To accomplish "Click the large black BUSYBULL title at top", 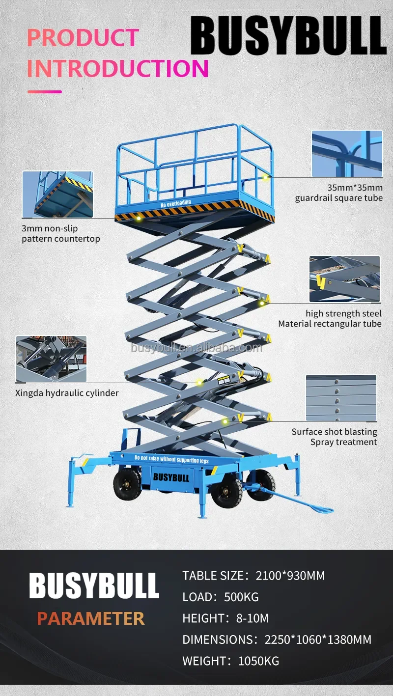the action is (x=288, y=36).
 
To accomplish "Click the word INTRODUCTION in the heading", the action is (x=118, y=68).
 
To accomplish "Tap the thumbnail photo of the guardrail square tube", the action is (x=347, y=153).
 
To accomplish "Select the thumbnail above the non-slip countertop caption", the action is (x=57, y=194).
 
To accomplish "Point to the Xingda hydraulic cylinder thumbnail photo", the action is (x=51, y=359).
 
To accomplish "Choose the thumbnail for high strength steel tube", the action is (x=344, y=278).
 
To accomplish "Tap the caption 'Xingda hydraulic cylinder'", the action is (x=67, y=393).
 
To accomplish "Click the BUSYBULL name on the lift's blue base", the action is (x=170, y=476).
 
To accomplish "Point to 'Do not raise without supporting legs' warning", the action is (x=171, y=460).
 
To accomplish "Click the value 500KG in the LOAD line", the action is (x=241, y=597).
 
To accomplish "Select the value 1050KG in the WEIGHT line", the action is (x=258, y=661).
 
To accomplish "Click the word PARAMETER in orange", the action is (x=91, y=618).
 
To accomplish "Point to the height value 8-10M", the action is (x=253, y=618).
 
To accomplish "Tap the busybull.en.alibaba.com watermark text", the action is (x=196, y=348).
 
